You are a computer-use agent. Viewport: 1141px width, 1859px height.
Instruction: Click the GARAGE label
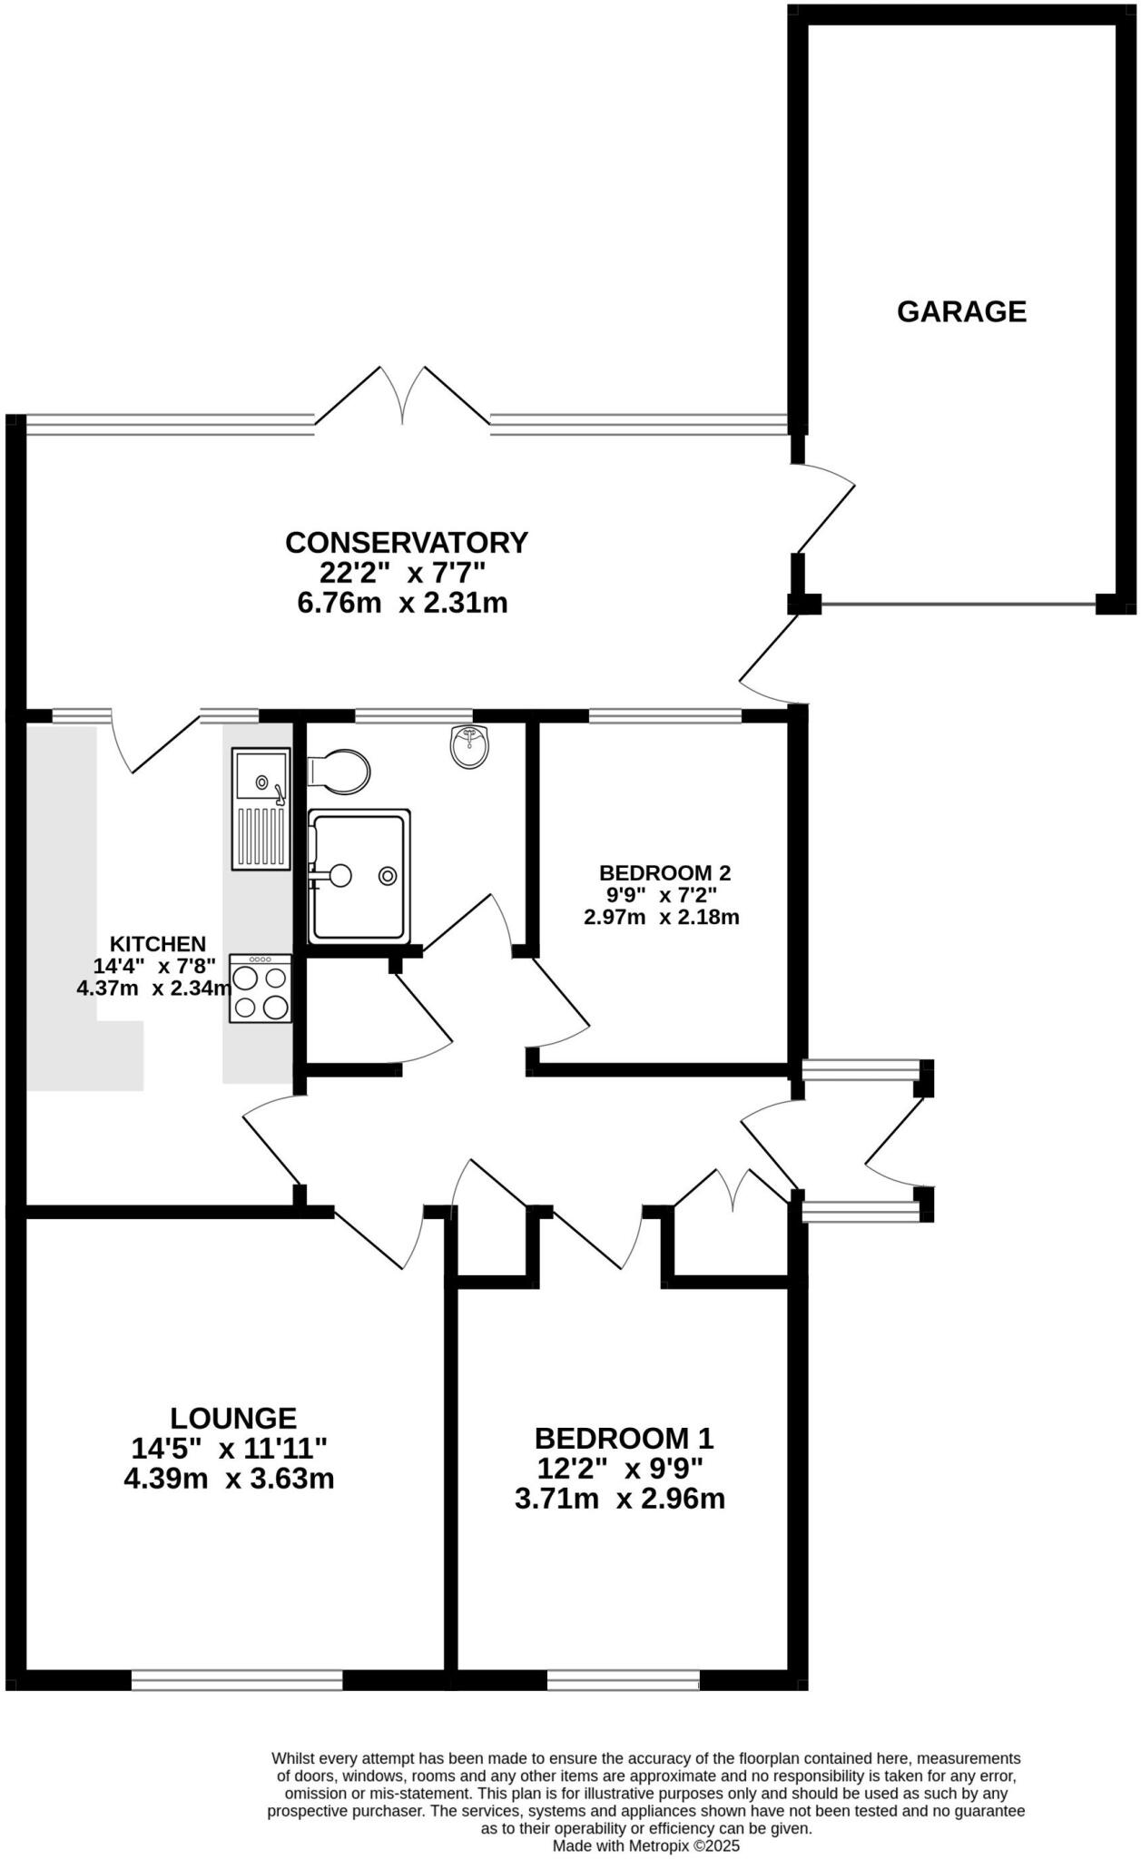[961, 311]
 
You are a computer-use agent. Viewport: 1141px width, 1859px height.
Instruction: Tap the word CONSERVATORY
[406, 542]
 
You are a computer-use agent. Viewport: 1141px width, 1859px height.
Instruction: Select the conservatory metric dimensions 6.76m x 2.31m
[402, 603]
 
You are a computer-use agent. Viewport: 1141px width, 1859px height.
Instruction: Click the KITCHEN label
[158, 944]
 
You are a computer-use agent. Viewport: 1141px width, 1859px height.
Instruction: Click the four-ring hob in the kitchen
[261, 989]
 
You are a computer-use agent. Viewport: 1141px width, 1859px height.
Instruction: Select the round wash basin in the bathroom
[469, 746]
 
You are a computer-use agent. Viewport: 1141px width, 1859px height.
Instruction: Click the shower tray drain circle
[389, 875]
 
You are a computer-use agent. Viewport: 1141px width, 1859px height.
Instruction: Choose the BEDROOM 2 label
[664, 873]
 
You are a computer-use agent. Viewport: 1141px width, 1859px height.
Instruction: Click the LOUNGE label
[233, 1418]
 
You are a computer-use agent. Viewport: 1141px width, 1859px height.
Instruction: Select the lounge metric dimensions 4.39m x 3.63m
[229, 1479]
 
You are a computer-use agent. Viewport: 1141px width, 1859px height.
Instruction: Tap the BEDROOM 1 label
[624, 1439]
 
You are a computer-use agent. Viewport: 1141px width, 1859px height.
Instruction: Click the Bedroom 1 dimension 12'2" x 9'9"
[619, 1469]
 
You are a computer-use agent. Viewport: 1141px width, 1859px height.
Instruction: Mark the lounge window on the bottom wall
[237, 1680]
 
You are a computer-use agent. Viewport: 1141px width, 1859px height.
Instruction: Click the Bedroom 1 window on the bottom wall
[623, 1680]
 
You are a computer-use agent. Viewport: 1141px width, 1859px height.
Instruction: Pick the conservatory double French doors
[402, 397]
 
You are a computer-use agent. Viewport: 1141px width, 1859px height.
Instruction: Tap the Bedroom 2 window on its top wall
[665, 716]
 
